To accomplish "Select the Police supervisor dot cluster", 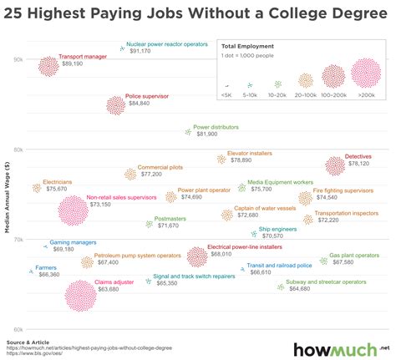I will [x=116, y=104].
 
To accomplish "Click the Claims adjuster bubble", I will [x=81, y=296].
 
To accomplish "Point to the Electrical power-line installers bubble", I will [x=196, y=256].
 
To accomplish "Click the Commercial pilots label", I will [x=160, y=167].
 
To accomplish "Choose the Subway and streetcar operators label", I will [x=326, y=282].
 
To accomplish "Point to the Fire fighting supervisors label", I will [x=343, y=190].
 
